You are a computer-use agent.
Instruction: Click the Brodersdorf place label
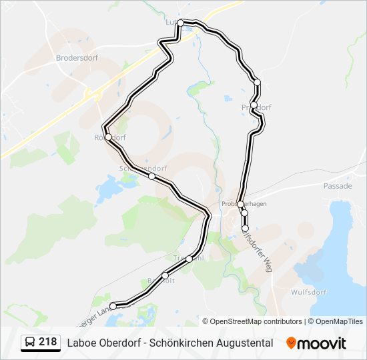(x=77, y=58)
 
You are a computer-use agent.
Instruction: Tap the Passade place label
(x=337, y=186)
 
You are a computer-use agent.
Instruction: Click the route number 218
(x=48, y=342)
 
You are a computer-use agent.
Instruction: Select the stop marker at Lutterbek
(x=180, y=23)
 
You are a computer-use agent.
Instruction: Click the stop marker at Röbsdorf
(x=108, y=137)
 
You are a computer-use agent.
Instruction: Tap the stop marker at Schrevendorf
(x=152, y=177)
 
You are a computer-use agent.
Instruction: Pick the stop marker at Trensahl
(x=190, y=258)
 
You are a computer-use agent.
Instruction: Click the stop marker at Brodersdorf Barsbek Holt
(x=165, y=275)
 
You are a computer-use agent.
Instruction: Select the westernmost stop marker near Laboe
(x=113, y=306)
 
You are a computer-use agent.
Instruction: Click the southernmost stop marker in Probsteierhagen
(x=245, y=229)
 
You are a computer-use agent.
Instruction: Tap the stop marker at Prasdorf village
(x=254, y=105)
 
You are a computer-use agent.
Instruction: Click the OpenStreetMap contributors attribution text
(x=256, y=321)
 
